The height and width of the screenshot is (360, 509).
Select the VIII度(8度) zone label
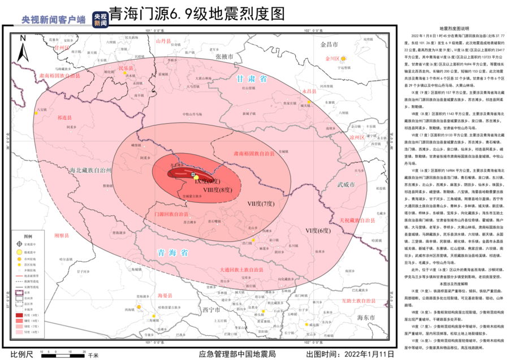tap(218, 190)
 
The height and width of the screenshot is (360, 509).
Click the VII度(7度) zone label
tap(260, 203)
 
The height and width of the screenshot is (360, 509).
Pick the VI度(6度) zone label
tap(318, 231)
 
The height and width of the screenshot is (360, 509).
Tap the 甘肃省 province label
tap(252, 80)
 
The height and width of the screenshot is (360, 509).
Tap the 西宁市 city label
tap(210, 310)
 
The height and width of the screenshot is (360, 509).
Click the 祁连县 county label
tap(63, 119)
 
